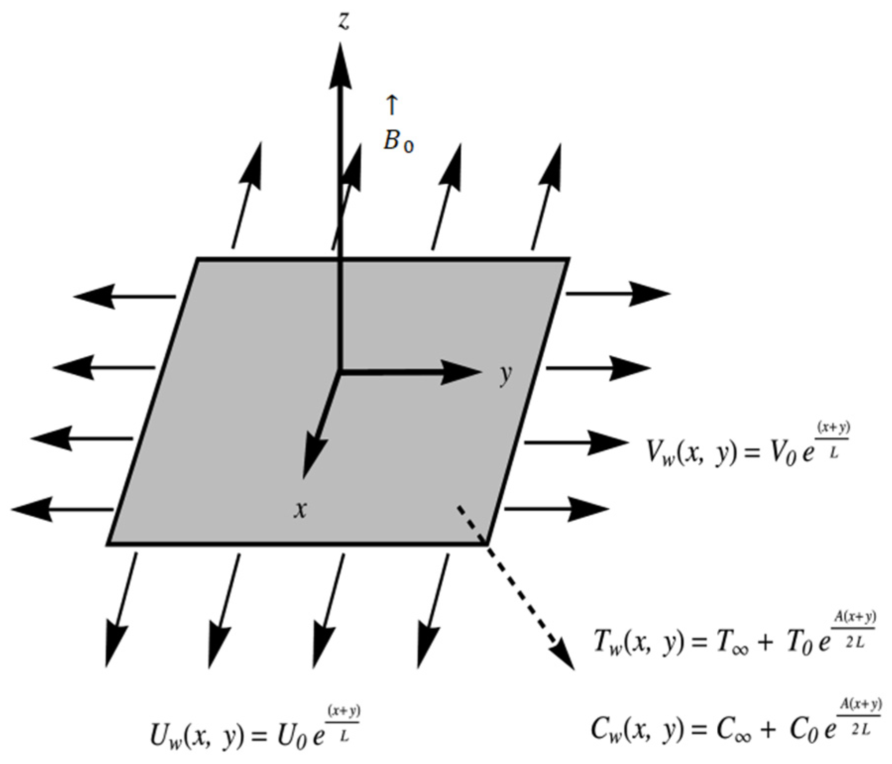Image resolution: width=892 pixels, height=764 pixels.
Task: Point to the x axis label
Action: point(300,509)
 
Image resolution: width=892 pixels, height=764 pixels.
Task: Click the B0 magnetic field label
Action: point(398,142)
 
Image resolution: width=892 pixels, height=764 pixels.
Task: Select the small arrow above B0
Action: point(392,106)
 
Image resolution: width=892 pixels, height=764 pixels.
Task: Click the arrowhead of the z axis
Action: point(340,64)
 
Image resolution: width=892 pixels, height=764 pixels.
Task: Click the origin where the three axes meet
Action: point(340,370)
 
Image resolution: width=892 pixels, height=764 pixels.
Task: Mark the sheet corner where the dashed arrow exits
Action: point(487,543)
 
